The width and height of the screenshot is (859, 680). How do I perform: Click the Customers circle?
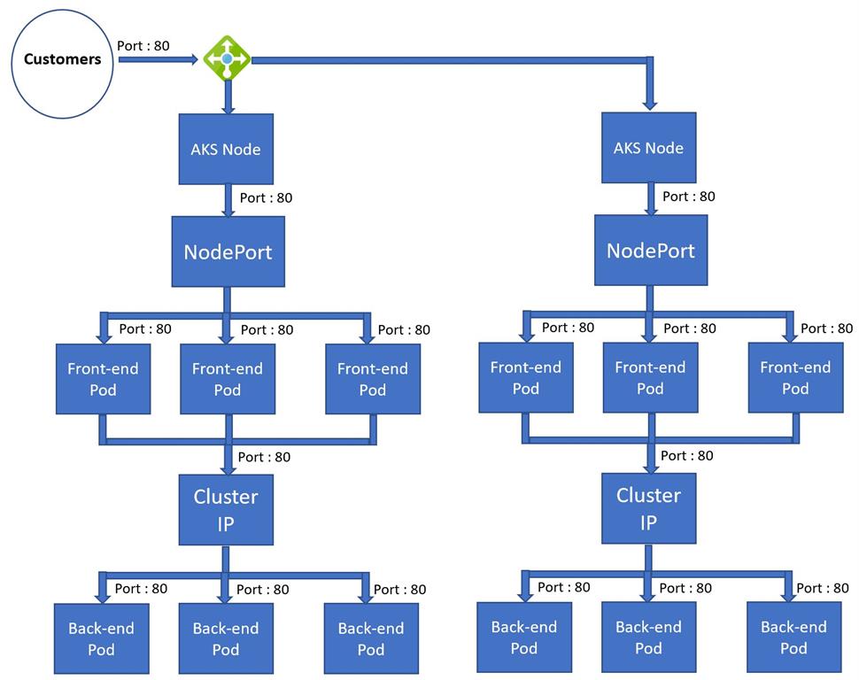(x=62, y=60)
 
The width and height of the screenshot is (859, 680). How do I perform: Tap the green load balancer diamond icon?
(x=227, y=58)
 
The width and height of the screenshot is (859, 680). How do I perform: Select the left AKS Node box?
(x=226, y=149)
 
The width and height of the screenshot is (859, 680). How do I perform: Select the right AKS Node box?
(x=648, y=147)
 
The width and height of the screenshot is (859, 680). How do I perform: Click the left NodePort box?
(x=228, y=251)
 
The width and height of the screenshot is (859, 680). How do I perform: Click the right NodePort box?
(x=650, y=250)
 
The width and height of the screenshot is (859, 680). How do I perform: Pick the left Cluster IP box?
(x=226, y=509)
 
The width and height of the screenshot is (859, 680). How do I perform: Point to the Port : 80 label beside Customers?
(x=143, y=44)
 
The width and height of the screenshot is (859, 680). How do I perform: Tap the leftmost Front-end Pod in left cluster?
(x=103, y=379)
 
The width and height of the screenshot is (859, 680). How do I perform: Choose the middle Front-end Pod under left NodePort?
(x=227, y=379)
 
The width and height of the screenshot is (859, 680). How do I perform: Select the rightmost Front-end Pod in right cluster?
(x=794, y=377)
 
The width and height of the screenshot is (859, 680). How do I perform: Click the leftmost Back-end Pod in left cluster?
(x=101, y=638)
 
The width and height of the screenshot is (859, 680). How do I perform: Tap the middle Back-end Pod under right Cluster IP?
(x=648, y=637)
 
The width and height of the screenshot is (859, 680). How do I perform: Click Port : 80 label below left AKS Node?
(x=266, y=197)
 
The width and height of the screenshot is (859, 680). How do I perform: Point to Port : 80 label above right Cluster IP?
(x=686, y=455)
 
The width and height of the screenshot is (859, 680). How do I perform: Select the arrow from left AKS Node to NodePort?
(x=228, y=201)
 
